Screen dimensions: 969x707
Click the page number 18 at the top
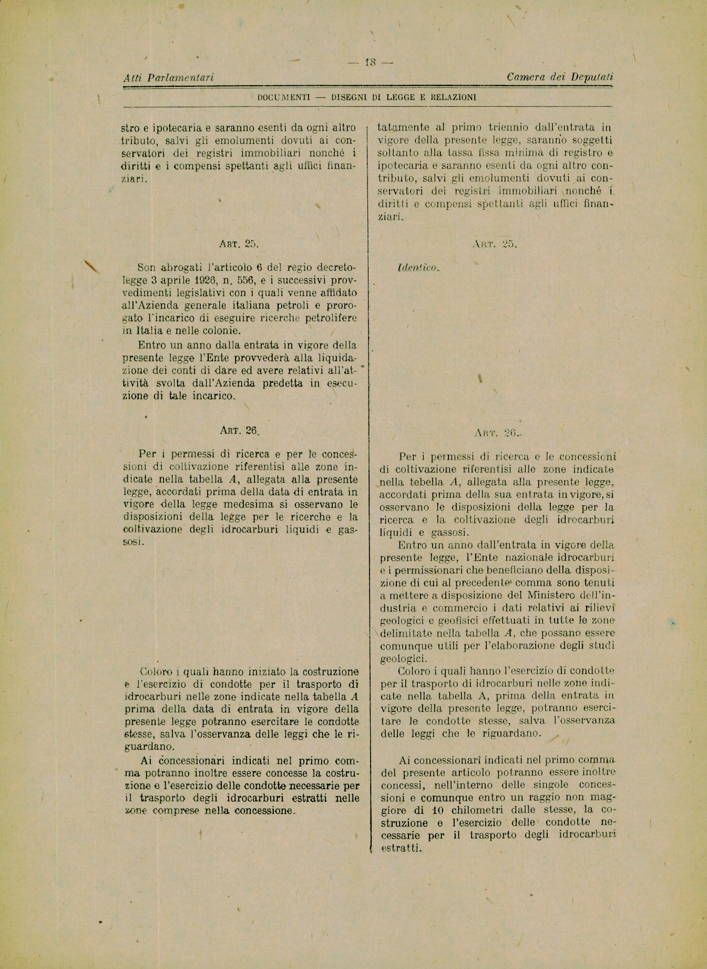coord(371,63)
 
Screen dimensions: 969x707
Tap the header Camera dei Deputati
coord(560,77)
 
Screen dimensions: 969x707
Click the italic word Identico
coord(418,268)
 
